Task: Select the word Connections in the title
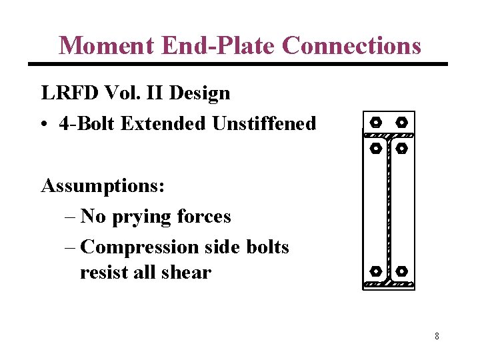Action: [351, 45]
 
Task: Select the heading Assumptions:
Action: [103, 185]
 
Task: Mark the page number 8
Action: [437, 336]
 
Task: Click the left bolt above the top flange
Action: [375, 123]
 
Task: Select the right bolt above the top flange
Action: [401, 123]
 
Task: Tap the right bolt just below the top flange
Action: [401, 148]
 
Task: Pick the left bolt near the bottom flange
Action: [375, 272]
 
